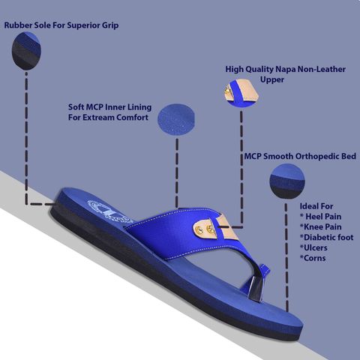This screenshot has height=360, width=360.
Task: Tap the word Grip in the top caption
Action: pos(110,25)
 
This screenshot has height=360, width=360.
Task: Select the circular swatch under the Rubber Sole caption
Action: pos(26,51)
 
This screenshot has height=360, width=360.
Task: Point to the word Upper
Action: pos(272,80)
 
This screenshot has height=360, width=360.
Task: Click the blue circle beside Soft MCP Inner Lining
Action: pos(176,120)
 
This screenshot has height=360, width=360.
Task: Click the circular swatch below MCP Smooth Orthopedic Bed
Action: pos(287,181)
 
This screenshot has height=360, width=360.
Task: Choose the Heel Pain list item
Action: pos(321,217)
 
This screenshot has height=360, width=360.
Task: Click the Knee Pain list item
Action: pos(321,226)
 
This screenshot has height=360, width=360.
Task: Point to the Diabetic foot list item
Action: pos(327,237)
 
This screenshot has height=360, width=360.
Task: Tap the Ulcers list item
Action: pos(313,247)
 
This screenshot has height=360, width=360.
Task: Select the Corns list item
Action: pos(313,258)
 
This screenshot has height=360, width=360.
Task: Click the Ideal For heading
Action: pos(316,206)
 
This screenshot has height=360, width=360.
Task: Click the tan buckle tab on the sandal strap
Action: pos(215,227)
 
